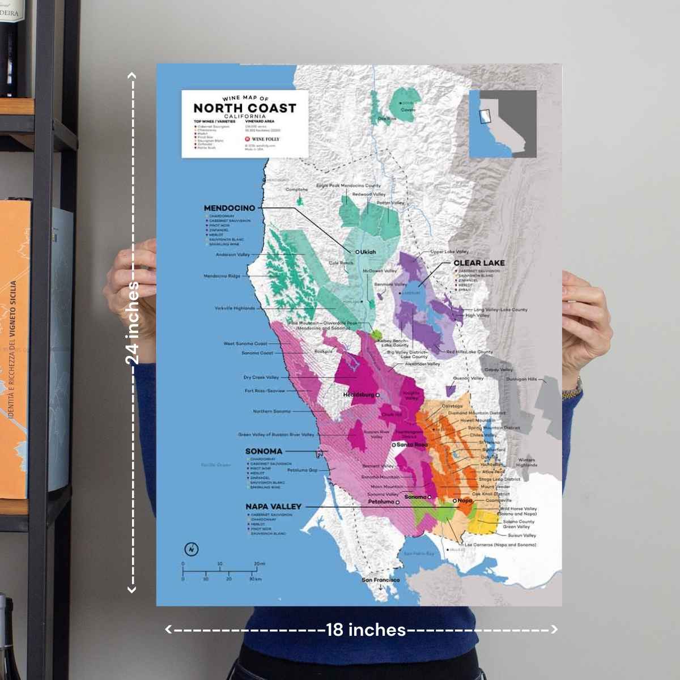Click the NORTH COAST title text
244,108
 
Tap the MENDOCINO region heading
229,208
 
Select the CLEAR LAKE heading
479,263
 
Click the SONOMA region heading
263,451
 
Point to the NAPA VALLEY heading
273,506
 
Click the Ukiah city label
367,252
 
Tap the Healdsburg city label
359,394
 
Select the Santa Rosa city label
412,445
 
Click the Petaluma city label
381,501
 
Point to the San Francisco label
380,580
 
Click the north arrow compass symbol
192,549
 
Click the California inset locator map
503,124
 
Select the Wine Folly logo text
265,139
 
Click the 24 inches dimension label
132,323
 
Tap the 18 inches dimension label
365,630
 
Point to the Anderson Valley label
232,254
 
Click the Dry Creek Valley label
261,377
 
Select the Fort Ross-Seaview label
265,390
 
